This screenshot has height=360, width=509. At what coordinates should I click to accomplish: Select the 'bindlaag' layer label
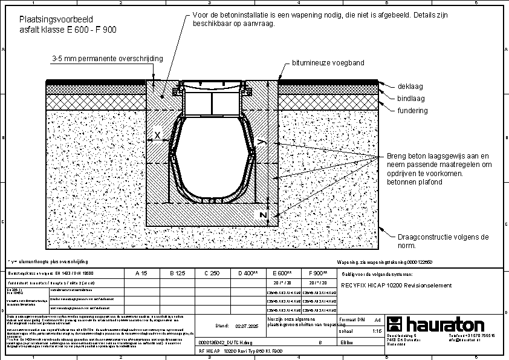[x=412, y=98]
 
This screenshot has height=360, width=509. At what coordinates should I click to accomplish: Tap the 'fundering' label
[x=413, y=111]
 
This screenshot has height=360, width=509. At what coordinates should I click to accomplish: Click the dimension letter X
[x=158, y=136]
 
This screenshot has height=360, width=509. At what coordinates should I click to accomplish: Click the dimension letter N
[x=262, y=215]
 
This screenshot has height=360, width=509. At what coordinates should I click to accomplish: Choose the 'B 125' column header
[x=177, y=273]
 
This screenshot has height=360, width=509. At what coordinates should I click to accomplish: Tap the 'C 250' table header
[x=211, y=273]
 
